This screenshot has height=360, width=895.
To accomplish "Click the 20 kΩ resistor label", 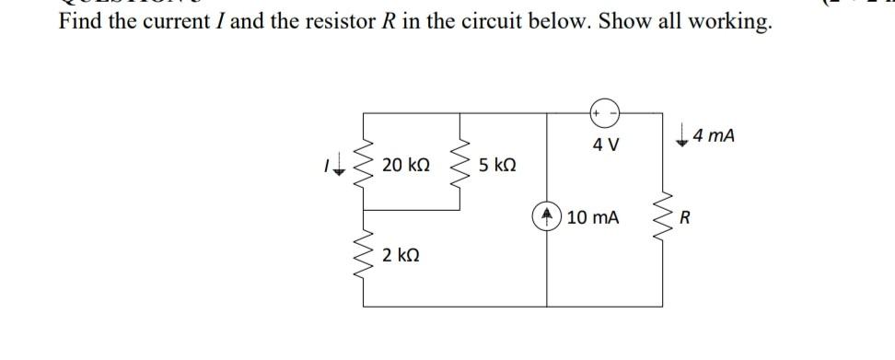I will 405,165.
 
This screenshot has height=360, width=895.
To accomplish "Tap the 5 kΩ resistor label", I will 497,165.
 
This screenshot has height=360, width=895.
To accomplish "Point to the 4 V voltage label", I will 606,145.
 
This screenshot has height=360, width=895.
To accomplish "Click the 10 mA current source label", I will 593,218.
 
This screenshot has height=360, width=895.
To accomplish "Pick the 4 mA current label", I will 715,136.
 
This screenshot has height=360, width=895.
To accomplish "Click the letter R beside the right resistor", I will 684,219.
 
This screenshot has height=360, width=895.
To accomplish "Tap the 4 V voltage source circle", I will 606,113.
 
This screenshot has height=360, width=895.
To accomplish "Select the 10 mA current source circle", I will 549,218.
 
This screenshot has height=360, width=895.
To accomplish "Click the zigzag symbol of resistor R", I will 661,219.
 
